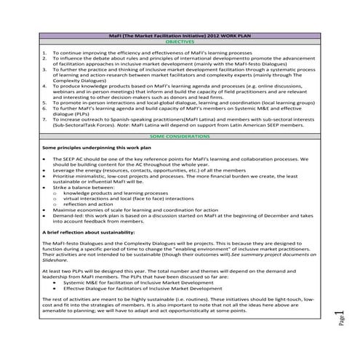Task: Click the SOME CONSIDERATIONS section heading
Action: (179, 137)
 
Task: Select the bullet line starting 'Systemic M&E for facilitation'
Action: (124, 284)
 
